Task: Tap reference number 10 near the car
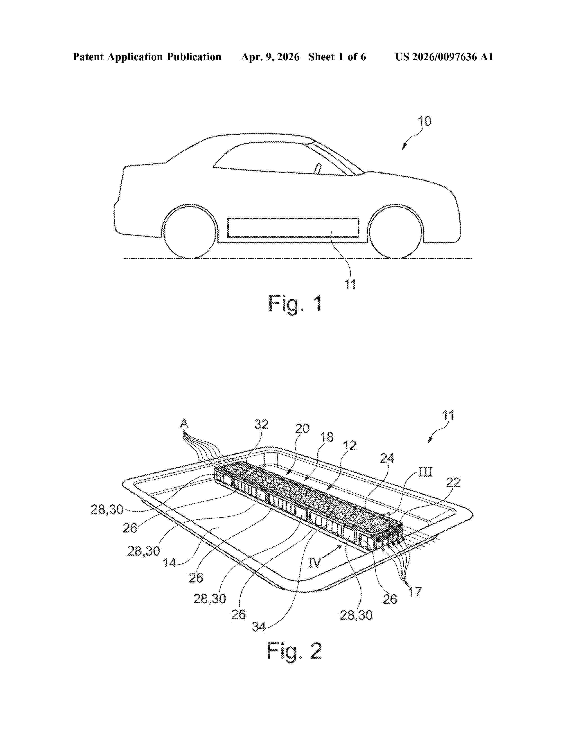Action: pyautogui.click(x=424, y=121)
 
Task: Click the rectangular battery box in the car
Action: pyautogui.click(x=293, y=228)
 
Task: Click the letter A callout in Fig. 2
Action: pyautogui.click(x=184, y=424)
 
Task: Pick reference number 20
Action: pyautogui.click(x=302, y=429)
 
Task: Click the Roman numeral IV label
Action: pyautogui.click(x=314, y=563)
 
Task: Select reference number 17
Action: pyautogui.click(x=414, y=592)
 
